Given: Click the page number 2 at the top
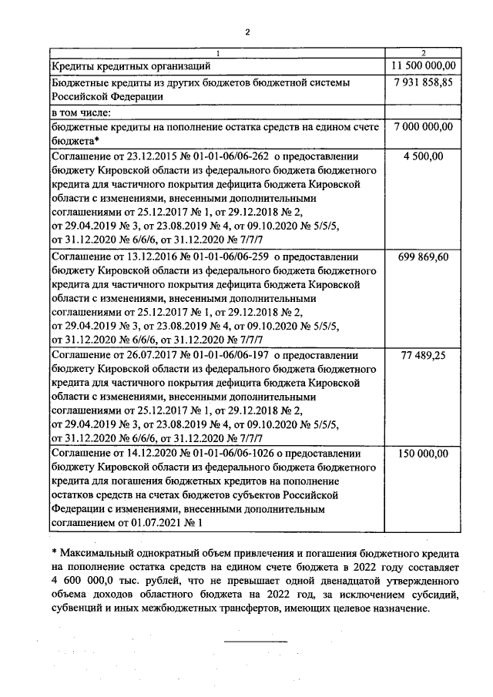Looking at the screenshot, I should click(x=247, y=32).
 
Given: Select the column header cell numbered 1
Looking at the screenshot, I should click(x=218, y=52).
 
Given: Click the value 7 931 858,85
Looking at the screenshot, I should click(x=423, y=82).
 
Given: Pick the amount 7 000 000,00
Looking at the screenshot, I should click(x=423, y=126).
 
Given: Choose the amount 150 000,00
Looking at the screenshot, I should click(x=423, y=454).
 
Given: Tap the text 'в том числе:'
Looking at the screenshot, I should click(x=81, y=112).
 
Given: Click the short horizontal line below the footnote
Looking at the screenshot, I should click(x=255, y=641).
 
